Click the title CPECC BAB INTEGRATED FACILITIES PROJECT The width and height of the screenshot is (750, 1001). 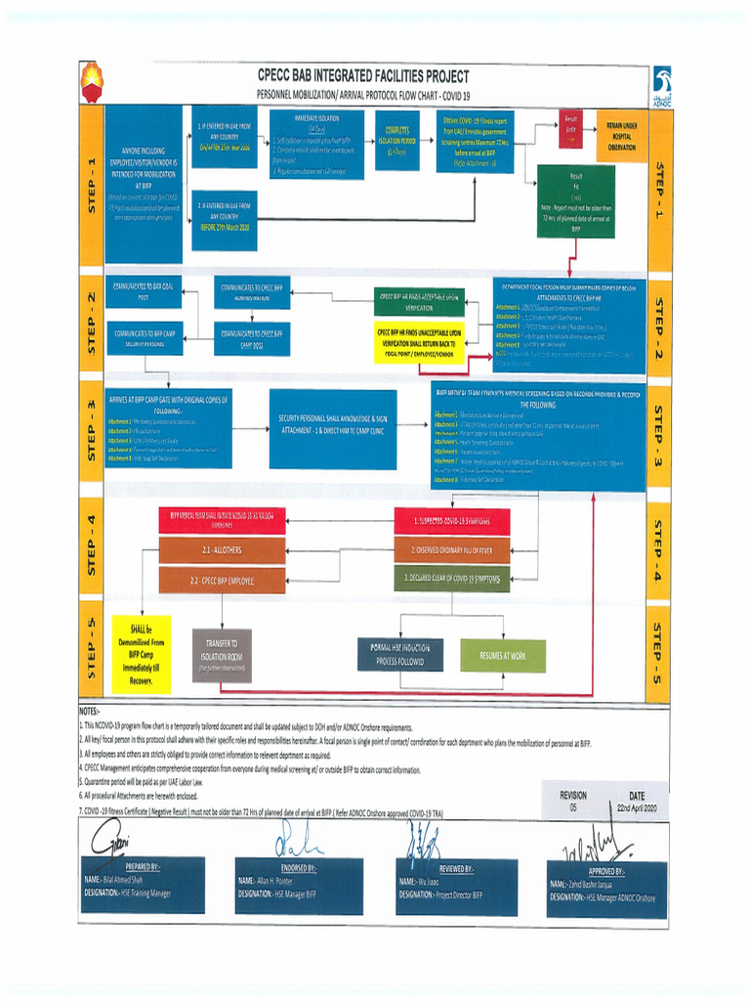[363, 75]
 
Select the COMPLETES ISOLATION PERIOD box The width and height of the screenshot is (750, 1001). [396, 144]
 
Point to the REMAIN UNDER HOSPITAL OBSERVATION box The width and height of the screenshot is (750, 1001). [621, 136]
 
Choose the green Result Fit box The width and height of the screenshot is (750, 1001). [576, 201]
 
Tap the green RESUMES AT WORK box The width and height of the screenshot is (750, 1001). [503, 655]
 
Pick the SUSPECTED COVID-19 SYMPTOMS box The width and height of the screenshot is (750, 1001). [451, 521]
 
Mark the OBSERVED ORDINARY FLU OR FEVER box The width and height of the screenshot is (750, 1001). [451, 550]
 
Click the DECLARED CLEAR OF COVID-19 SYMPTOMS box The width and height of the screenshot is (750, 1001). [451, 579]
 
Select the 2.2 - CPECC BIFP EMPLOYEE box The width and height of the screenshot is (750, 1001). [222, 580]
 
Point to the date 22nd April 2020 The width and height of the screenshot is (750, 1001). [637, 808]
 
